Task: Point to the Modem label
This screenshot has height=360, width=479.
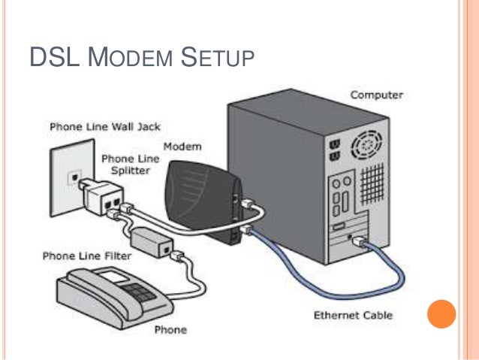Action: tap(182, 146)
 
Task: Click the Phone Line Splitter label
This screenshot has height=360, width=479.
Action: tap(126, 165)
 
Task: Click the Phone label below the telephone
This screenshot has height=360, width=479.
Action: tap(170, 329)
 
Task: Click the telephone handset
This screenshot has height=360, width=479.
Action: tap(86, 286)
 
